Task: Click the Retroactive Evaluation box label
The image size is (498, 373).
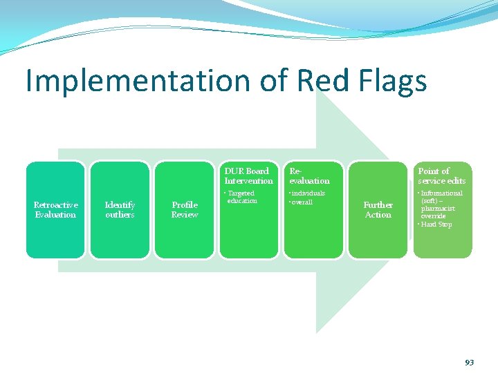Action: tap(55, 210)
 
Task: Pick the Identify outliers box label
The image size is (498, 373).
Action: tap(120, 210)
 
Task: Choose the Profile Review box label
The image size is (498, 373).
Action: tap(185, 210)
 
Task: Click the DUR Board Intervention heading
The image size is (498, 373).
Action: tap(248, 176)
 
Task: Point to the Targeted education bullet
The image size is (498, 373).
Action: tap(241, 197)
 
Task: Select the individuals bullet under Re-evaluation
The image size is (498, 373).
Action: tap(308, 193)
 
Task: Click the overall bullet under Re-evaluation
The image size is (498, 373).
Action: tap(302, 202)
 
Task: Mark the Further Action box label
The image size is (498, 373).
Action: tap(378, 210)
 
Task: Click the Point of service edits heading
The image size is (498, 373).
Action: tap(441, 176)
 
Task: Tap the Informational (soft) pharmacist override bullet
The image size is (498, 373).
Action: tap(441, 204)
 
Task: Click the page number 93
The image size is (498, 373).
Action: tap(469, 362)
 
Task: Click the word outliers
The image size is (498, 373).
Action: tap(120, 215)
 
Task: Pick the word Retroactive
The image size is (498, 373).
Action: tap(55, 205)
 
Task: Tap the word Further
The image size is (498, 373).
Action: tap(378, 205)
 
